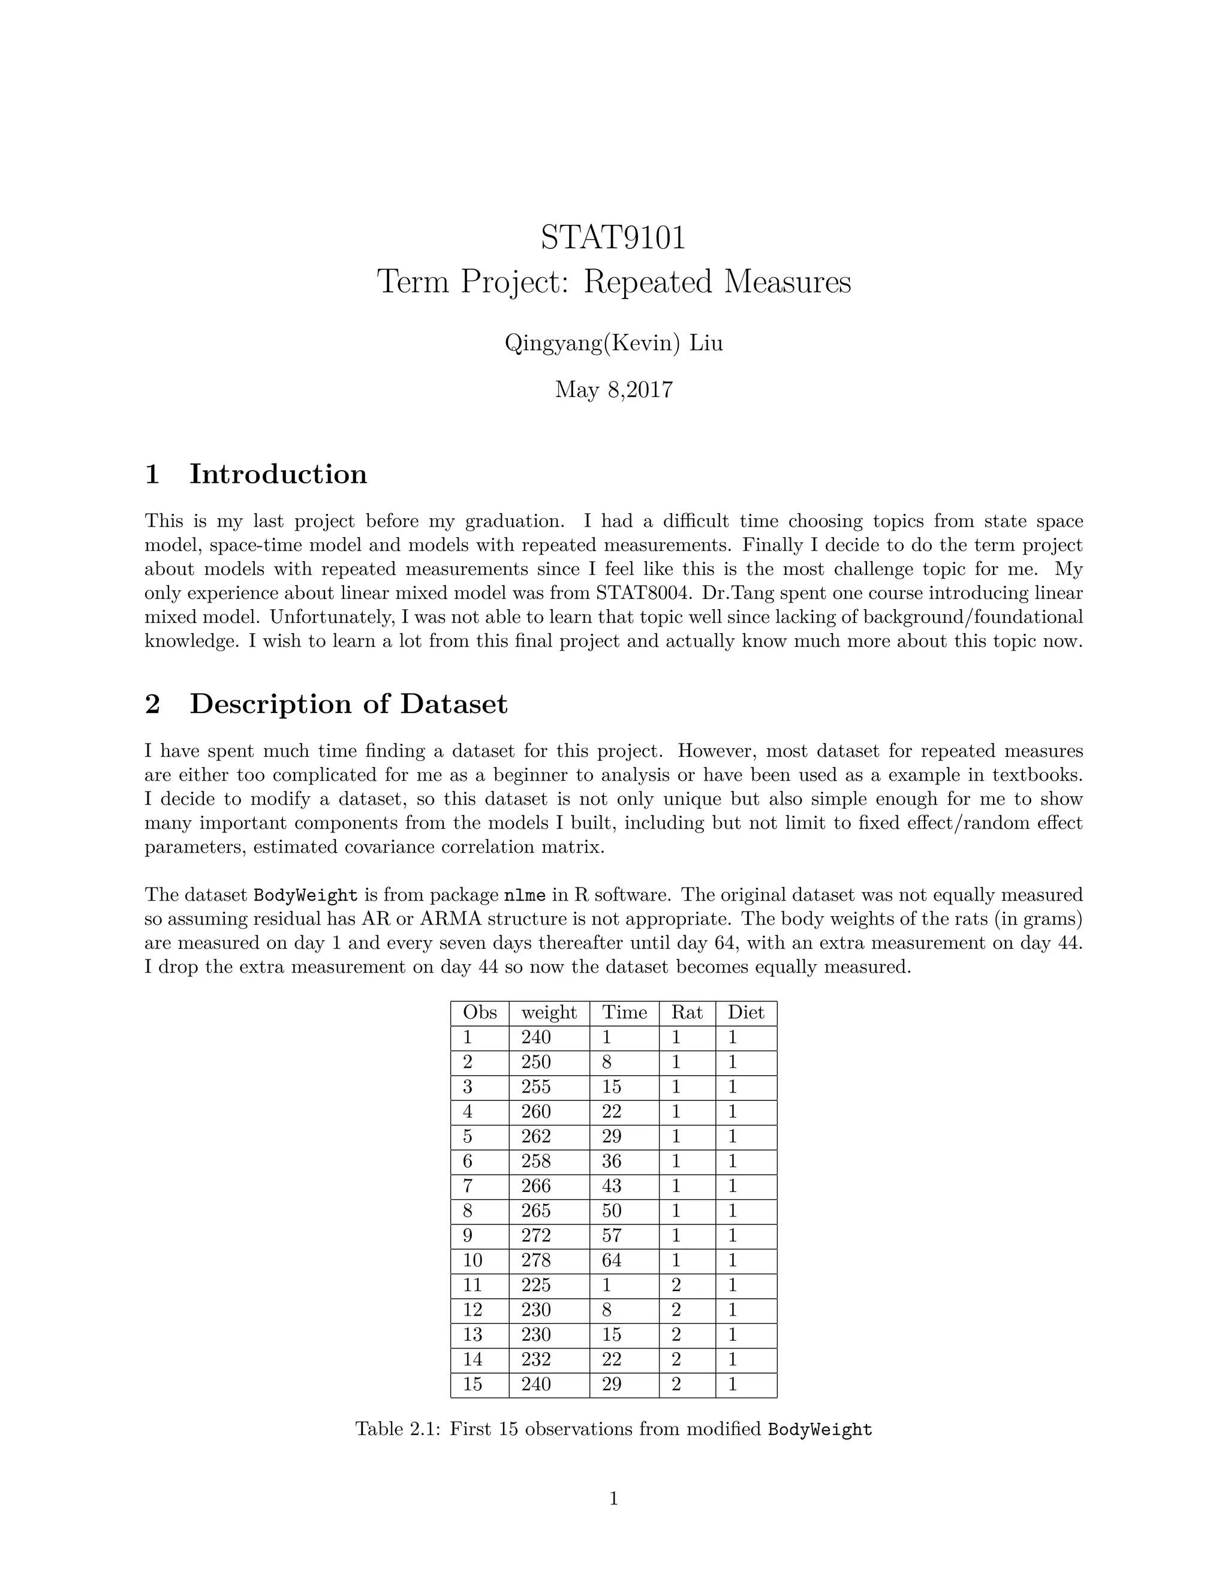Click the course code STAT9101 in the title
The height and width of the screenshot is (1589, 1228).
tap(613, 238)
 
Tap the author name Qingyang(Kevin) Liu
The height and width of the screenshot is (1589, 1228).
tap(613, 342)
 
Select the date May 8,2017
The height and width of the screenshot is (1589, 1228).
tap(613, 390)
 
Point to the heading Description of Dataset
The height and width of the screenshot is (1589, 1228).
tap(348, 705)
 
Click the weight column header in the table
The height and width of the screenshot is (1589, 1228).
tap(549, 1013)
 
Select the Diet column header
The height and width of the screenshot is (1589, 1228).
tap(746, 1013)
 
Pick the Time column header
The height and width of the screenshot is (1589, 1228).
tap(624, 1013)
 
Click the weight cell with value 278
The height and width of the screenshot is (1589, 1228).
tap(536, 1260)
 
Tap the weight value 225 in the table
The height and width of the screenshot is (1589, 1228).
tap(536, 1285)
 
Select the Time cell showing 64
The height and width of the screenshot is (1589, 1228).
tap(612, 1260)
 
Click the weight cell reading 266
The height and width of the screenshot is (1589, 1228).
tap(536, 1186)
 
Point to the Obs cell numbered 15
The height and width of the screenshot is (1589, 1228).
tap(473, 1384)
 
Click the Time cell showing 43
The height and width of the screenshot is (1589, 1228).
tap(612, 1186)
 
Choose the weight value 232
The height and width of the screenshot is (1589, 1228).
tap(536, 1359)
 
